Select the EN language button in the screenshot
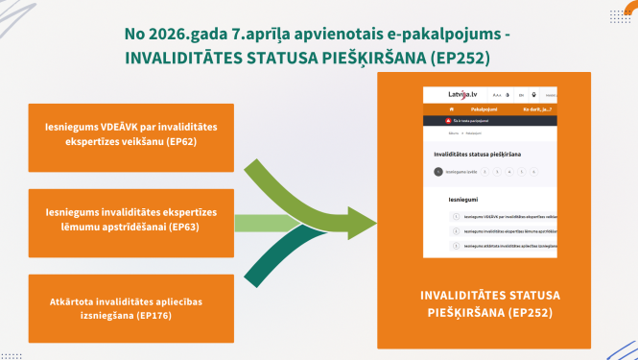520,95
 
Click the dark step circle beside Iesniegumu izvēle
437,172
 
